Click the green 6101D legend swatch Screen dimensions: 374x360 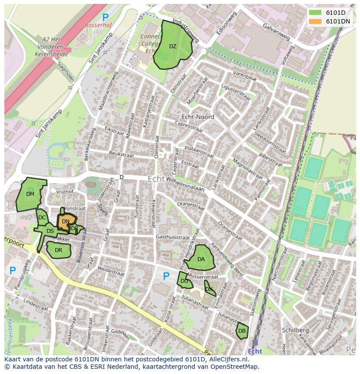point(315,13)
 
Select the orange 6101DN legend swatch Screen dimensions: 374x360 point(315,21)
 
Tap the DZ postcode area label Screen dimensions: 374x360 point(173,46)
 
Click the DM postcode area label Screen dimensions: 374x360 point(30,194)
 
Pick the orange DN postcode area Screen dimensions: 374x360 point(66,221)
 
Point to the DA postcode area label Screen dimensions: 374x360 point(201,259)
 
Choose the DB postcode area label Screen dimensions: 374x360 point(242,331)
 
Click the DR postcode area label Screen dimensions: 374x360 point(59,250)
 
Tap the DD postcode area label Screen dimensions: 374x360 point(184,281)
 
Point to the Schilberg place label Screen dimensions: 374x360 point(295,330)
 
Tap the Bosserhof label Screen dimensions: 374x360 point(98,26)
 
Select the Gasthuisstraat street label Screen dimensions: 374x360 point(173,238)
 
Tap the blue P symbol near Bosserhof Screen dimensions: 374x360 point(105,17)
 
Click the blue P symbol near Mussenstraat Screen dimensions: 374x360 point(166,276)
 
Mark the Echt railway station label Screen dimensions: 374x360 point(255,351)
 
